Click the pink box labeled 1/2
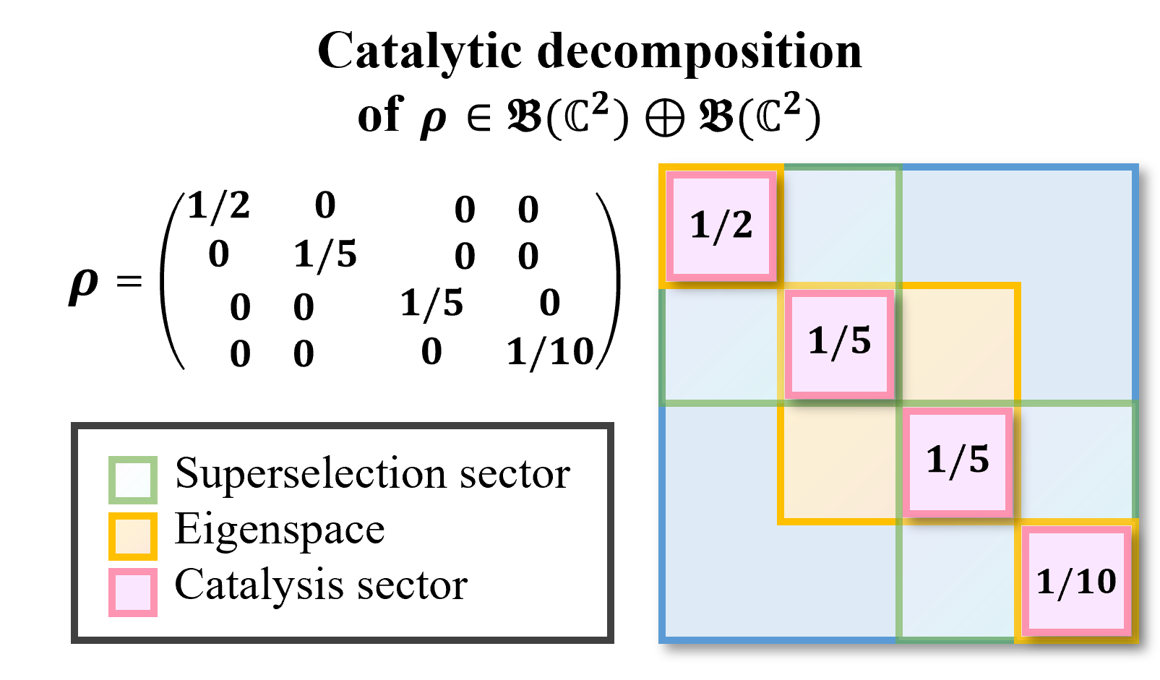click(x=721, y=225)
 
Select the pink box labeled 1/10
click(x=1076, y=581)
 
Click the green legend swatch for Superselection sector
click(x=133, y=480)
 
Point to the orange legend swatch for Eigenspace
click(x=133, y=536)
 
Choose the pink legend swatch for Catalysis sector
click(x=133, y=593)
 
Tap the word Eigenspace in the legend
click(x=280, y=530)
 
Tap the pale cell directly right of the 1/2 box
click(x=840, y=225)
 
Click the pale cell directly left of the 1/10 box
click(x=958, y=581)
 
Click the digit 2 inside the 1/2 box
click(x=742, y=225)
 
